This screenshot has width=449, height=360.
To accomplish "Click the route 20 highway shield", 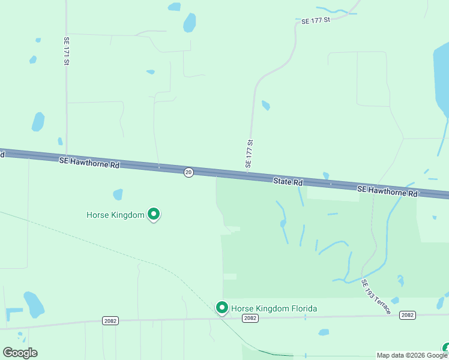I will click(188, 172).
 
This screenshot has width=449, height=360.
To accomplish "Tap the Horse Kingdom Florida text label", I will click(274, 309).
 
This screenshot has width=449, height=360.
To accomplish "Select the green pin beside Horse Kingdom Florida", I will click(221, 308).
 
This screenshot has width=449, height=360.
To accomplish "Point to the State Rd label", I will click(288, 181).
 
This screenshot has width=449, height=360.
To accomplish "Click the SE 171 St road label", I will click(67, 51).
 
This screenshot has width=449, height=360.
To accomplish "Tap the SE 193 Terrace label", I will click(376, 296).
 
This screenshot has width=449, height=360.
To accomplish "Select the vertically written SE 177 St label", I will click(250, 154).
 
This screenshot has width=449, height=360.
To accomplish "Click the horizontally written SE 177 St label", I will click(316, 21).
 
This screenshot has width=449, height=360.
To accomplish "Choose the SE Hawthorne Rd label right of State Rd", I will click(387, 191).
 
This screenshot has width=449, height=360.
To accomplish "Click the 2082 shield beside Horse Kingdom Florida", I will click(250, 319).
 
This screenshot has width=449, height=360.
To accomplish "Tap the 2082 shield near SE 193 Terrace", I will click(408, 315).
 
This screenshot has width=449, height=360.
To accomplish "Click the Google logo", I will click(20, 353).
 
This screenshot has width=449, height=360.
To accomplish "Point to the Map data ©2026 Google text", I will click(412, 355).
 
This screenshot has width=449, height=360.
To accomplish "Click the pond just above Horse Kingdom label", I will click(118, 194).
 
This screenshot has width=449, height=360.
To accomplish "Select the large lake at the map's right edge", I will click(441, 78).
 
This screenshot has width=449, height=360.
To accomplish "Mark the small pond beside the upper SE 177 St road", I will click(265, 106).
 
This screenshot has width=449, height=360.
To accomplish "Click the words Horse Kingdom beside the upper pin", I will click(115, 214).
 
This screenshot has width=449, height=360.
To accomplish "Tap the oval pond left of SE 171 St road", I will click(38, 122).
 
